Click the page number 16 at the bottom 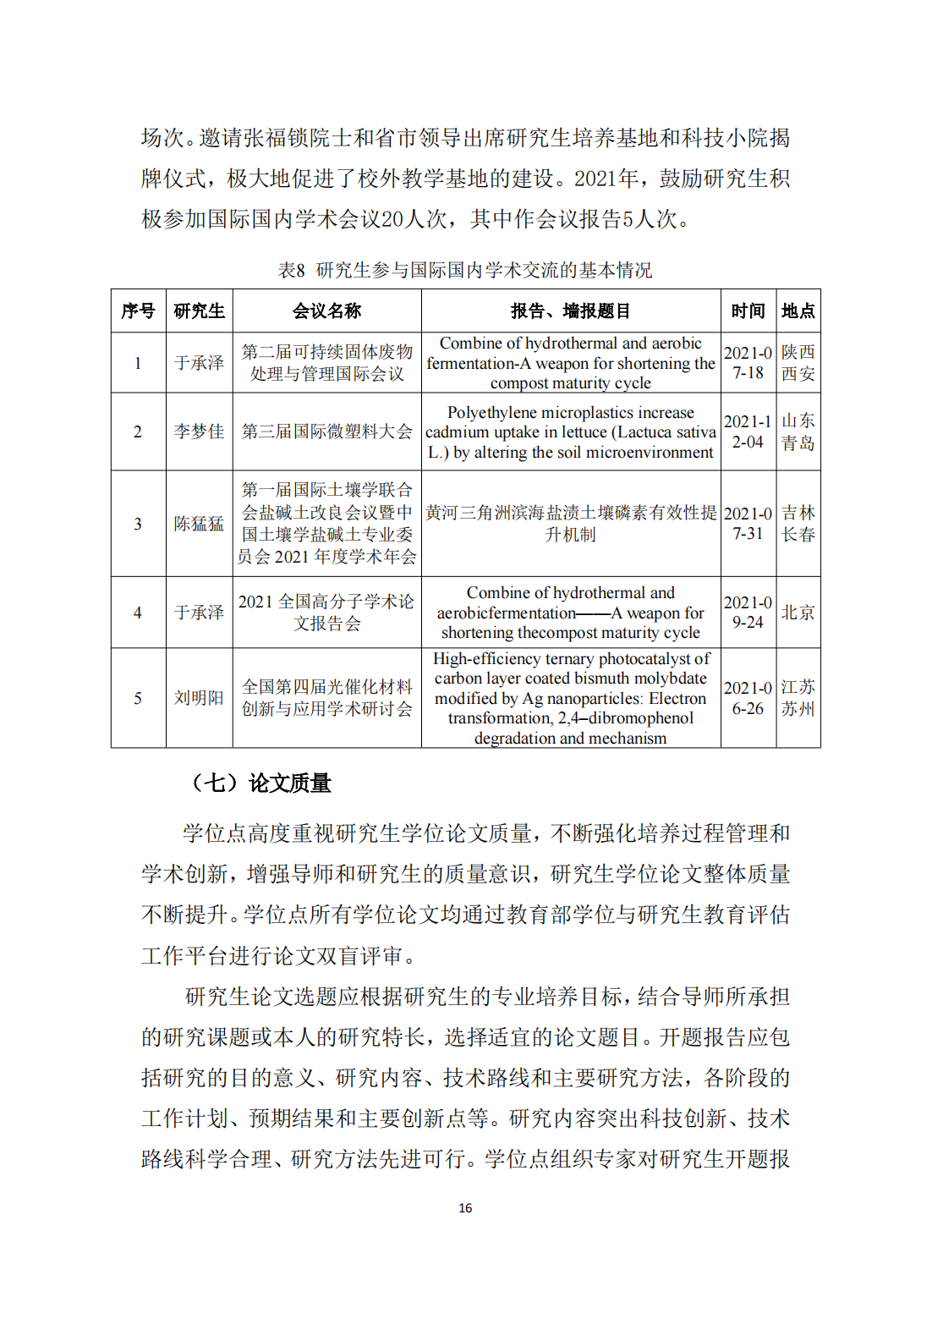pyautogui.click(x=465, y=1208)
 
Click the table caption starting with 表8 pyautogui.click(x=465, y=270)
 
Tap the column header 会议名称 pyautogui.click(x=326, y=311)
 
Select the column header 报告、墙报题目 pyautogui.click(x=571, y=311)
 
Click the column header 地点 pyautogui.click(x=798, y=311)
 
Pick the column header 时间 pyautogui.click(x=748, y=311)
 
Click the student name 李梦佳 pyautogui.click(x=199, y=431)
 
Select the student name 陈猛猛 pyautogui.click(x=199, y=524)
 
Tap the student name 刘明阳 pyautogui.click(x=199, y=698)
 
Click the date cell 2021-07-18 pyautogui.click(x=748, y=363)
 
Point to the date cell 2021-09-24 pyautogui.click(x=748, y=613)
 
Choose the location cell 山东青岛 pyautogui.click(x=798, y=431)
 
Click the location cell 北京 pyautogui.click(x=798, y=613)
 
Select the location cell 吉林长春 pyautogui.click(x=798, y=524)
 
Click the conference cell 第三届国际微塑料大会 pyautogui.click(x=326, y=431)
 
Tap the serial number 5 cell pyautogui.click(x=138, y=698)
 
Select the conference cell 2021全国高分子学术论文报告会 pyautogui.click(x=326, y=613)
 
